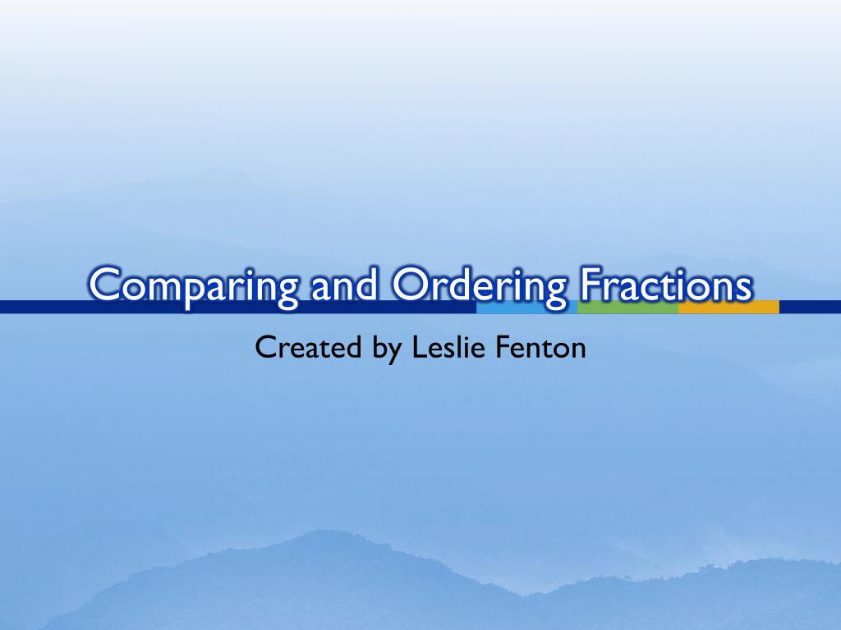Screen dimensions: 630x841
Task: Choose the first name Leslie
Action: (444, 347)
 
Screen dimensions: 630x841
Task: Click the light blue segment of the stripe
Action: (526, 308)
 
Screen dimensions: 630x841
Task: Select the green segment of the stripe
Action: (627, 307)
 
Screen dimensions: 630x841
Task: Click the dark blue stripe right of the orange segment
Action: (810, 307)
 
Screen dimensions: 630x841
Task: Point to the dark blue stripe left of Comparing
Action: (41, 307)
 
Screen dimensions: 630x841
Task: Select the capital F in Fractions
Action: (588, 285)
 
